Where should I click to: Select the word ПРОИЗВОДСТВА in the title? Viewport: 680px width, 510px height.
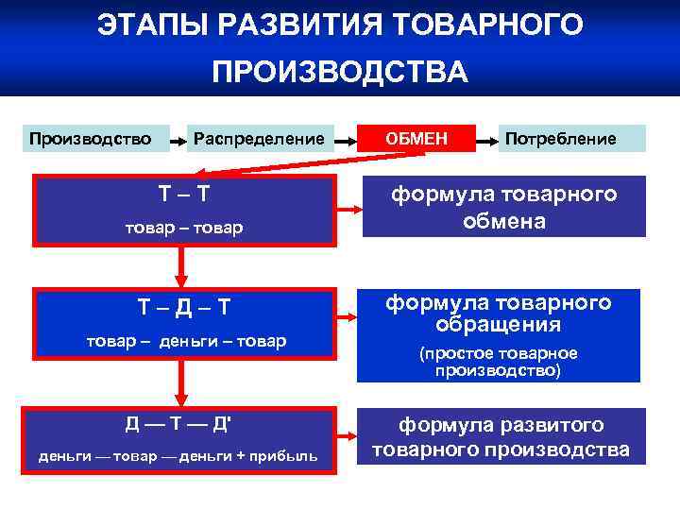tap(340, 73)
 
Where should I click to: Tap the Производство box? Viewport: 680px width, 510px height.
tap(90, 139)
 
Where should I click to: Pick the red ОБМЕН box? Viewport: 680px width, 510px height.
tap(416, 139)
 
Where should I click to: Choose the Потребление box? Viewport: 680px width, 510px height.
tap(561, 139)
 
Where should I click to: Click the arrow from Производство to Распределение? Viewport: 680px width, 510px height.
tap(178, 141)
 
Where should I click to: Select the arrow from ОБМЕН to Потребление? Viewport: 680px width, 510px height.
tap(489, 141)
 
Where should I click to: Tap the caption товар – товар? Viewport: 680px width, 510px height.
tap(184, 227)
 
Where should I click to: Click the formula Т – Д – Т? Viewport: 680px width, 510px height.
tap(184, 308)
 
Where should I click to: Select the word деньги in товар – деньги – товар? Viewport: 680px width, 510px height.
tap(199, 340)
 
